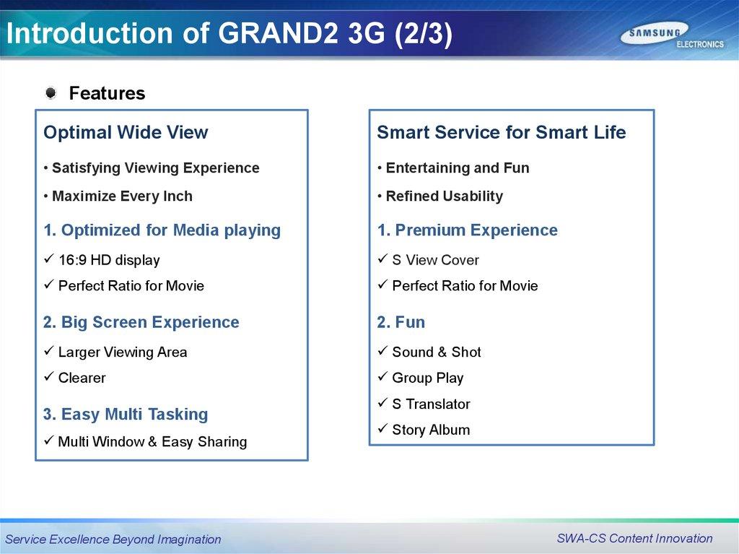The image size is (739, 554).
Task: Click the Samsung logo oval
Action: [654, 33]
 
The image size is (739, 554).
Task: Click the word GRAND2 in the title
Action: [278, 33]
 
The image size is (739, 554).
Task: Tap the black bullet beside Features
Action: [51, 93]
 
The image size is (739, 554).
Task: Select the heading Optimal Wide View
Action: [126, 132]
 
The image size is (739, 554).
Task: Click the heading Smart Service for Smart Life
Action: [502, 132]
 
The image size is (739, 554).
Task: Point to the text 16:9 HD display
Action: [109, 260]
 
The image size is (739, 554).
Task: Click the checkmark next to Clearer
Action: [49, 376]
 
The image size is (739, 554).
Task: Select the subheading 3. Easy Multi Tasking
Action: [126, 415]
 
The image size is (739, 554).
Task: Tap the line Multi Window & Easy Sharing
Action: [152, 442]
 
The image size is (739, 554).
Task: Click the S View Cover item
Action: [435, 260]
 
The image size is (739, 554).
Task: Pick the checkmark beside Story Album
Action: [382, 428]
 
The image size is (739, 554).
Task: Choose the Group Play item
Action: [428, 378]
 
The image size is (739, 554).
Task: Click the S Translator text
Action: [432, 404]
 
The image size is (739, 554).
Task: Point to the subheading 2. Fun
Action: [401, 322]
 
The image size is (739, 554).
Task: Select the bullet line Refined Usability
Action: [445, 196]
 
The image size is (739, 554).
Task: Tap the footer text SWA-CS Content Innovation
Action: [634, 538]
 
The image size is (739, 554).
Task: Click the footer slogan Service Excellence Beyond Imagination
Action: [113, 539]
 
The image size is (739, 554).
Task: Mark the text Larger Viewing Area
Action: [123, 352]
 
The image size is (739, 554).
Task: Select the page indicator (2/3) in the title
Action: [423, 34]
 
